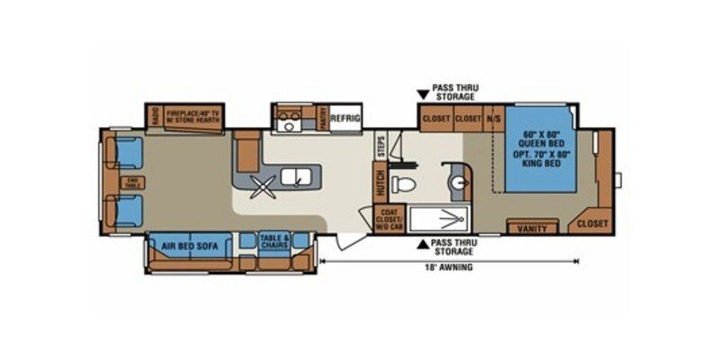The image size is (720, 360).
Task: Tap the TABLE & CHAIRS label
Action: pos(274,240)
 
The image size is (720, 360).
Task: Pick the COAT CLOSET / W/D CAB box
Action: pos(388,219)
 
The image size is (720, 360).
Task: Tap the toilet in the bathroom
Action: pos(406,185)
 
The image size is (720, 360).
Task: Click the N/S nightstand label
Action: pos(494,118)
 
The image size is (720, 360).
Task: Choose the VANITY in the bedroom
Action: pos(533,229)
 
